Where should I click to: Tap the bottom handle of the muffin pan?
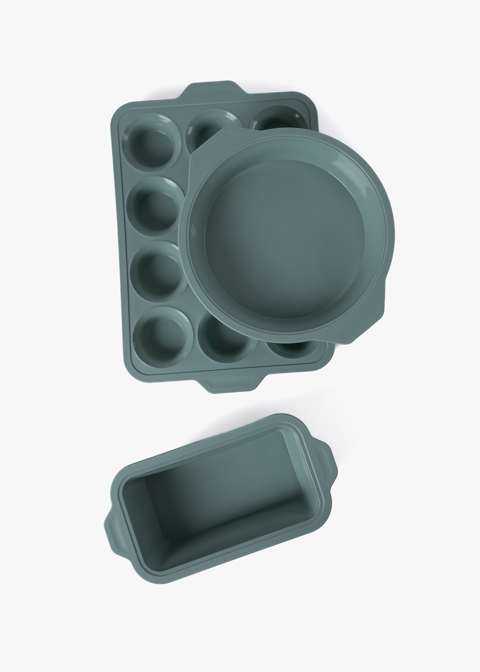pyautogui.click(x=233, y=384)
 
